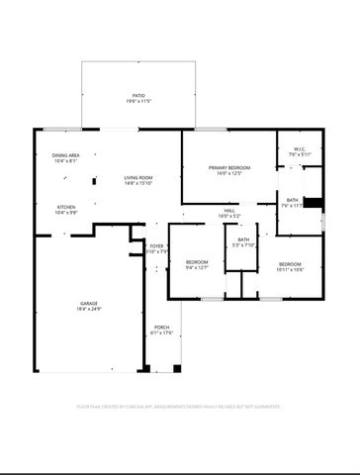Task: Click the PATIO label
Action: tap(137, 95)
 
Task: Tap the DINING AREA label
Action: tap(65, 155)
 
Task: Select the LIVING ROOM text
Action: tap(137, 177)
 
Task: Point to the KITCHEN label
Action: tap(65, 206)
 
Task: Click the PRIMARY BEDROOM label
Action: tap(228, 168)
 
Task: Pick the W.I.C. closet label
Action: tap(300, 148)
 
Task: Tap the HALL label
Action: tap(227, 210)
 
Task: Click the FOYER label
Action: tap(156, 245)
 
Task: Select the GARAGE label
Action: tap(89, 303)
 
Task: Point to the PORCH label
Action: tap(160, 328)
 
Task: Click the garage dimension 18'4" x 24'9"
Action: tap(89, 310)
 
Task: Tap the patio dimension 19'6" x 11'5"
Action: tap(137, 102)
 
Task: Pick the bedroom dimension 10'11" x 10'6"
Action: tap(290, 268)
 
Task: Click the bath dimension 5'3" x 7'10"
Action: tap(243, 244)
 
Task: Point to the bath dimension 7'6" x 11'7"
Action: tap(293, 205)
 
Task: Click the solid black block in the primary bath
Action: tap(313, 204)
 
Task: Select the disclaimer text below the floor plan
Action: tap(179, 406)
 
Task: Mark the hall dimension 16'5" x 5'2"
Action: tap(227, 216)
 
